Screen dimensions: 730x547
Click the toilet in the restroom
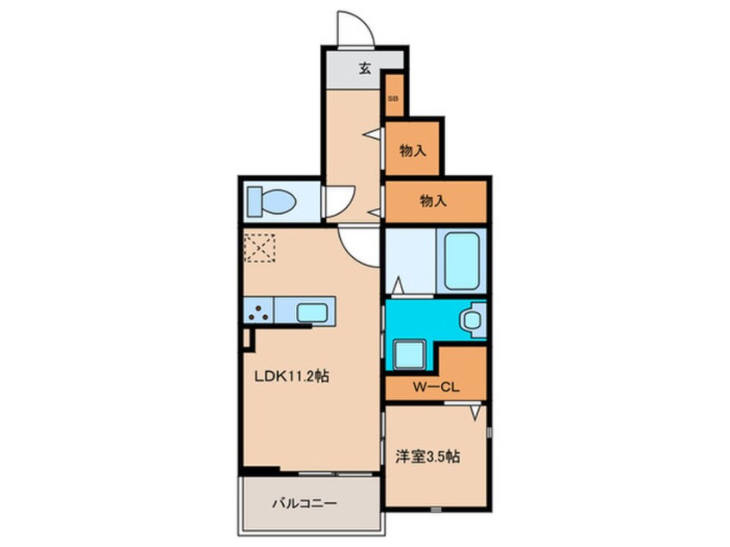tap(272, 202)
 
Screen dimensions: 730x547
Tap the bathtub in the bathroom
tap(462, 261)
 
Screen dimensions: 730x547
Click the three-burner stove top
tap(259, 311)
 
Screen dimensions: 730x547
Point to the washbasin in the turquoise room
tap(472, 319)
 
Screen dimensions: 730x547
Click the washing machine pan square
tap(410, 355)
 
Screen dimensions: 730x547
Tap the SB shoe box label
tap(393, 98)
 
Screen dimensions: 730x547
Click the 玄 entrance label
tap(365, 69)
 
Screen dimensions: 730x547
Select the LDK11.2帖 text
tap(292, 375)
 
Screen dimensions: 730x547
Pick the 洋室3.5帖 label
tap(428, 456)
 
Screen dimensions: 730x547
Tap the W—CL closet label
tap(437, 387)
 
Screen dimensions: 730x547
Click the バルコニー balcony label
tap(304, 504)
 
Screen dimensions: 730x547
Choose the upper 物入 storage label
tap(412, 151)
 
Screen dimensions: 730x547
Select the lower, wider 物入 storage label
tap(433, 201)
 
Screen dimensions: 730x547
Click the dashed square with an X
tap(260, 248)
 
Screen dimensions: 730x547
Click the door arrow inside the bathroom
tap(398, 286)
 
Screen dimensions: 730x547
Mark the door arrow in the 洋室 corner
tap(475, 412)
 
